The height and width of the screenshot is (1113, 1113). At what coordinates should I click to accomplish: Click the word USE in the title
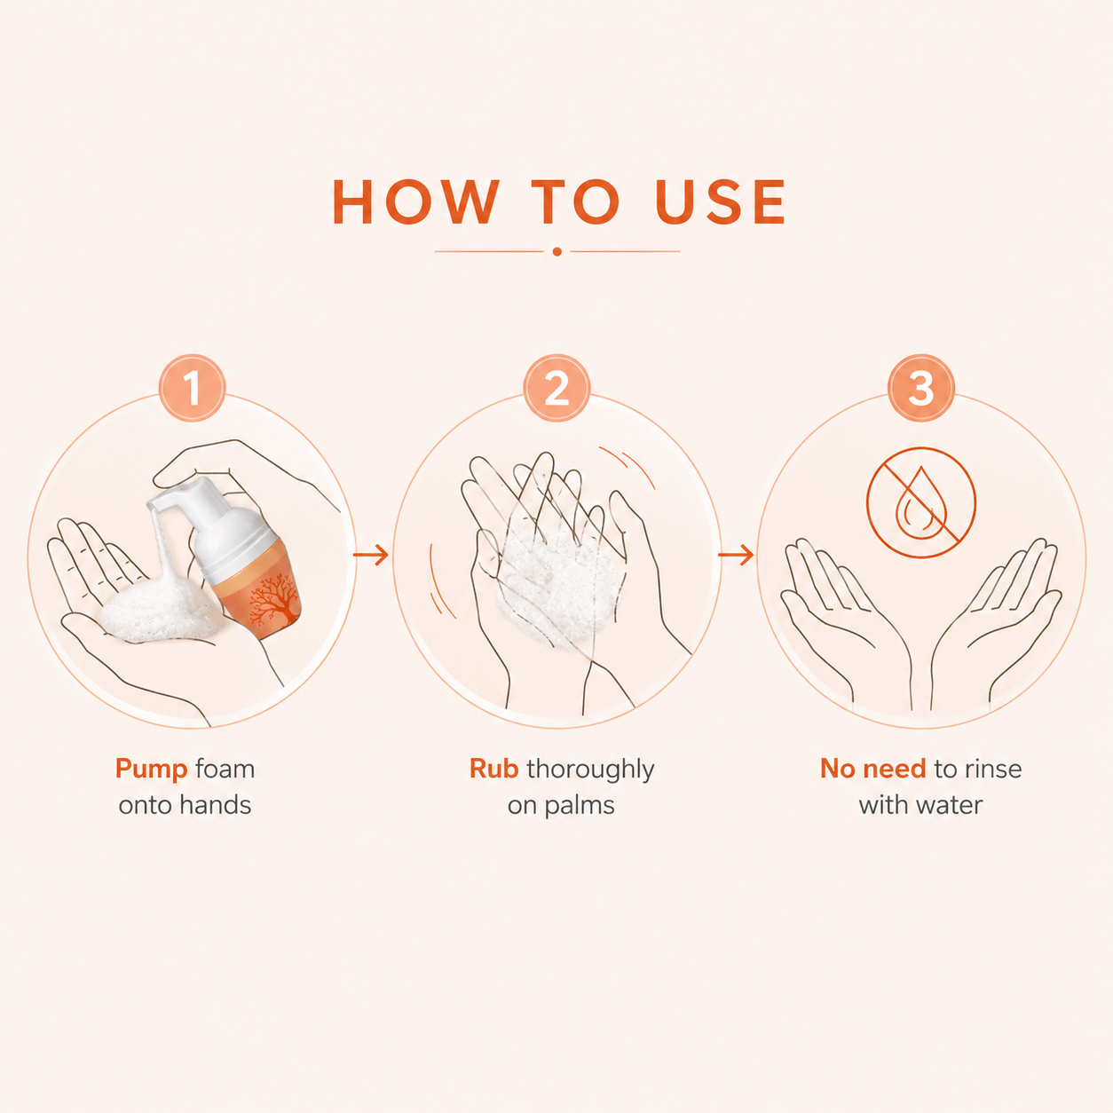pyautogui.click(x=721, y=201)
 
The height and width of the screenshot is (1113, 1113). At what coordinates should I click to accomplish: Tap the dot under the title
pyautogui.click(x=556, y=251)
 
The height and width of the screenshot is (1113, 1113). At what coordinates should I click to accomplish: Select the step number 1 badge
pyautogui.click(x=193, y=388)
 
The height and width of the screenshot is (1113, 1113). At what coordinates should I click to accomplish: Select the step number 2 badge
pyautogui.click(x=556, y=388)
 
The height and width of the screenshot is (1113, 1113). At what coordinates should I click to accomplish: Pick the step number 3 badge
pyautogui.click(x=921, y=388)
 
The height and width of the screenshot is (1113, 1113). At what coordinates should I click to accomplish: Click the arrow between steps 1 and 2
pyautogui.click(x=371, y=555)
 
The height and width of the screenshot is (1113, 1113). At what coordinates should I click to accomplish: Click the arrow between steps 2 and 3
pyautogui.click(x=736, y=555)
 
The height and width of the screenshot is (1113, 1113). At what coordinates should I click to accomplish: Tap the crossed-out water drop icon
pyautogui.click(x=921, y=502)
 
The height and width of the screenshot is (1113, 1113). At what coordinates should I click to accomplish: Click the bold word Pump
pyautogui.click(x=151, y=770)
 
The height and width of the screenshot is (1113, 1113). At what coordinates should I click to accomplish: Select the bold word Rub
pyautogui.click(x=493, y=769)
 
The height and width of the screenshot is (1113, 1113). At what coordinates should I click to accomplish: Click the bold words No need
pyautogui.click(x=873, y=769)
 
